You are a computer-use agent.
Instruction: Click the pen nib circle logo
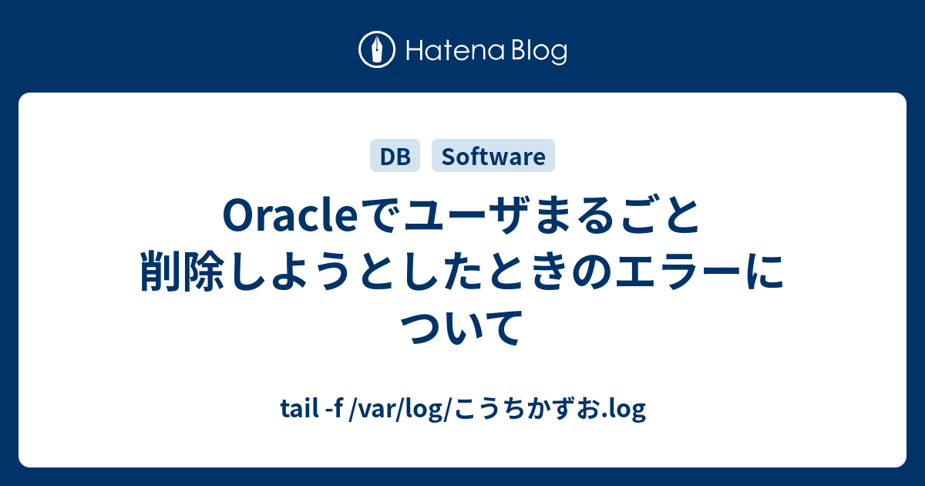tap(377, 49)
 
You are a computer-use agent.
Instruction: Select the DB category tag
tap(395, 156)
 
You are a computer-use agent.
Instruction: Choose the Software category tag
tap(493, 156)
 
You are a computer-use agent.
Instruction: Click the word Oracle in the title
tap(290, 216)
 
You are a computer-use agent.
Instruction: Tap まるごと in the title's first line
tap(616, 216)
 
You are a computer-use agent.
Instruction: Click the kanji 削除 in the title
tap(183, 272)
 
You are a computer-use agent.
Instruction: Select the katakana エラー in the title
tap(678, 272)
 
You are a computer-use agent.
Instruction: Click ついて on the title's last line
tap(462, 327)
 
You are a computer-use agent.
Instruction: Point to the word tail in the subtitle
tap(299, 408)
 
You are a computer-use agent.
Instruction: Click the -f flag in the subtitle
tap(335, 408)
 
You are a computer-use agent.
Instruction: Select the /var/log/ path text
tap(402, 409)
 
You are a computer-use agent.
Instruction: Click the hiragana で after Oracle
tap(380, 216)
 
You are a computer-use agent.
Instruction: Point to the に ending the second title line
tap(764, 272)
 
